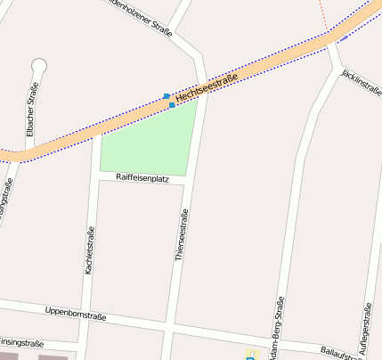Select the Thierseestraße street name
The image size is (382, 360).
[183, 235]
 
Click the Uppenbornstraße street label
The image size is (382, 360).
[75, 315]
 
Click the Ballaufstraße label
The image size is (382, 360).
[340, 353]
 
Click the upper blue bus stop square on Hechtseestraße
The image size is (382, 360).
[166, 95]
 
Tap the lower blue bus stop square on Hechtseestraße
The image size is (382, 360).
[172, 105]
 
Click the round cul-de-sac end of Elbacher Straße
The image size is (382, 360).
[38, 64]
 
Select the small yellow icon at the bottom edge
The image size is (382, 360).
[250, 355]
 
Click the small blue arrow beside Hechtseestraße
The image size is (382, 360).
[342, 38]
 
